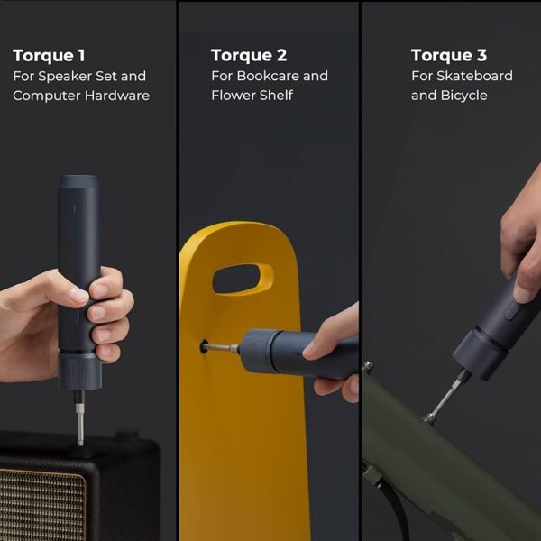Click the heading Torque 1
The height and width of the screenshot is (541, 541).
point(49,56)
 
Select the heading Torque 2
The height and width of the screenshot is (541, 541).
point(249,56)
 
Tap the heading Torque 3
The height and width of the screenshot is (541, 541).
point(449,55)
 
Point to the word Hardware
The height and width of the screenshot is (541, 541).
point(117,96)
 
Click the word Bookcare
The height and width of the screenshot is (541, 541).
point(268,76)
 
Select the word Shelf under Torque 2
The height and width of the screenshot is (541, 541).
point(276,96)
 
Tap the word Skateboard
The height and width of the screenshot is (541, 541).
point(474,76)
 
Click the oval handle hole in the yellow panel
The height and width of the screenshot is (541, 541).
point(243,280)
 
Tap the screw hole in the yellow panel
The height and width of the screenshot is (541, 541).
point(204,346)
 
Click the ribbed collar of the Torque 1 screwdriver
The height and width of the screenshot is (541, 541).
point(79,371)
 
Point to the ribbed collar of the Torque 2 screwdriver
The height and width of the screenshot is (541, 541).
point(256,351)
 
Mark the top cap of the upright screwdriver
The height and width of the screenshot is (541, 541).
point(78,182)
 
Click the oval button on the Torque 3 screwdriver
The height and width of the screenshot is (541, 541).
point(512,309)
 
